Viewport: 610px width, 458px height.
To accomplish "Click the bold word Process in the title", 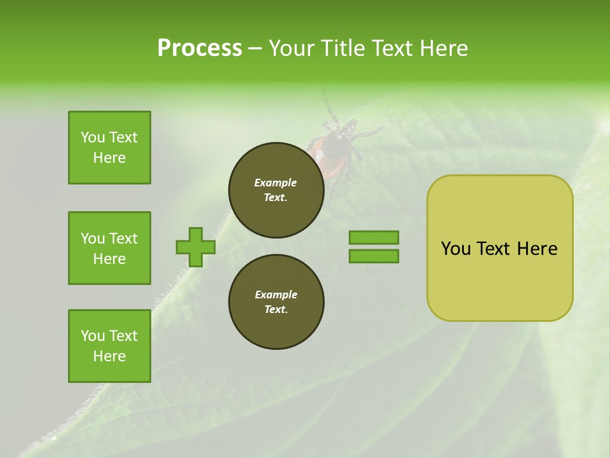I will click(x=200, y=48).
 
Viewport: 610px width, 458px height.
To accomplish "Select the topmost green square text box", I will click(x=109, y=148).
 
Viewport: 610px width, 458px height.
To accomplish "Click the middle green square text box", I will click(x=109, y=248).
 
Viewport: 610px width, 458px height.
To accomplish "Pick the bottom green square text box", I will click(x=109, y=346).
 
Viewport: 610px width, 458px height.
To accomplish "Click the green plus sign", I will click(x=196, y=247).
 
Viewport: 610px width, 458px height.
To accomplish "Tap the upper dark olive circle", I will click(x=276, y=190).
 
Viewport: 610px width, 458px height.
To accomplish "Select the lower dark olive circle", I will click(x=276, y=302).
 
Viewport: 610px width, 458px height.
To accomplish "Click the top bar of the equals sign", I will click(x=374, y=237).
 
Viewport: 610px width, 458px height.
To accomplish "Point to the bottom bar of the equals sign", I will click(x=374, y=256).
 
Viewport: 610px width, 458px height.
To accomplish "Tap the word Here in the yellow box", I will click(x=537, y=249).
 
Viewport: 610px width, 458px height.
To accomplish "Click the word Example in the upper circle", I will click(x=276, y=183).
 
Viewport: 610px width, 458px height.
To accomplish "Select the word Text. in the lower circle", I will click(x=276, y=310).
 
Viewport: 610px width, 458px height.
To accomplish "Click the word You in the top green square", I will click(x=93, y=137).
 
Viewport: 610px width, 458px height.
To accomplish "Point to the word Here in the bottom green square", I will click(x=109, y=356).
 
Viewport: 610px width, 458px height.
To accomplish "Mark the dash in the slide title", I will click(x=255, y=48).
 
